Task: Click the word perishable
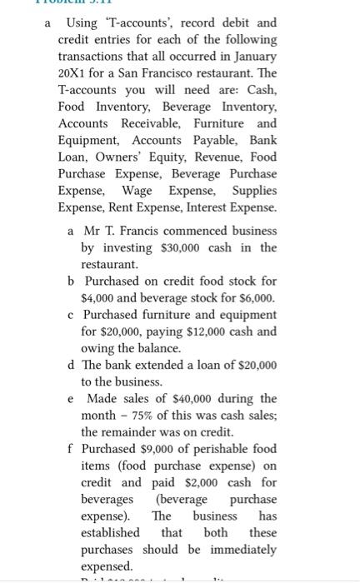[x=218, y=448]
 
